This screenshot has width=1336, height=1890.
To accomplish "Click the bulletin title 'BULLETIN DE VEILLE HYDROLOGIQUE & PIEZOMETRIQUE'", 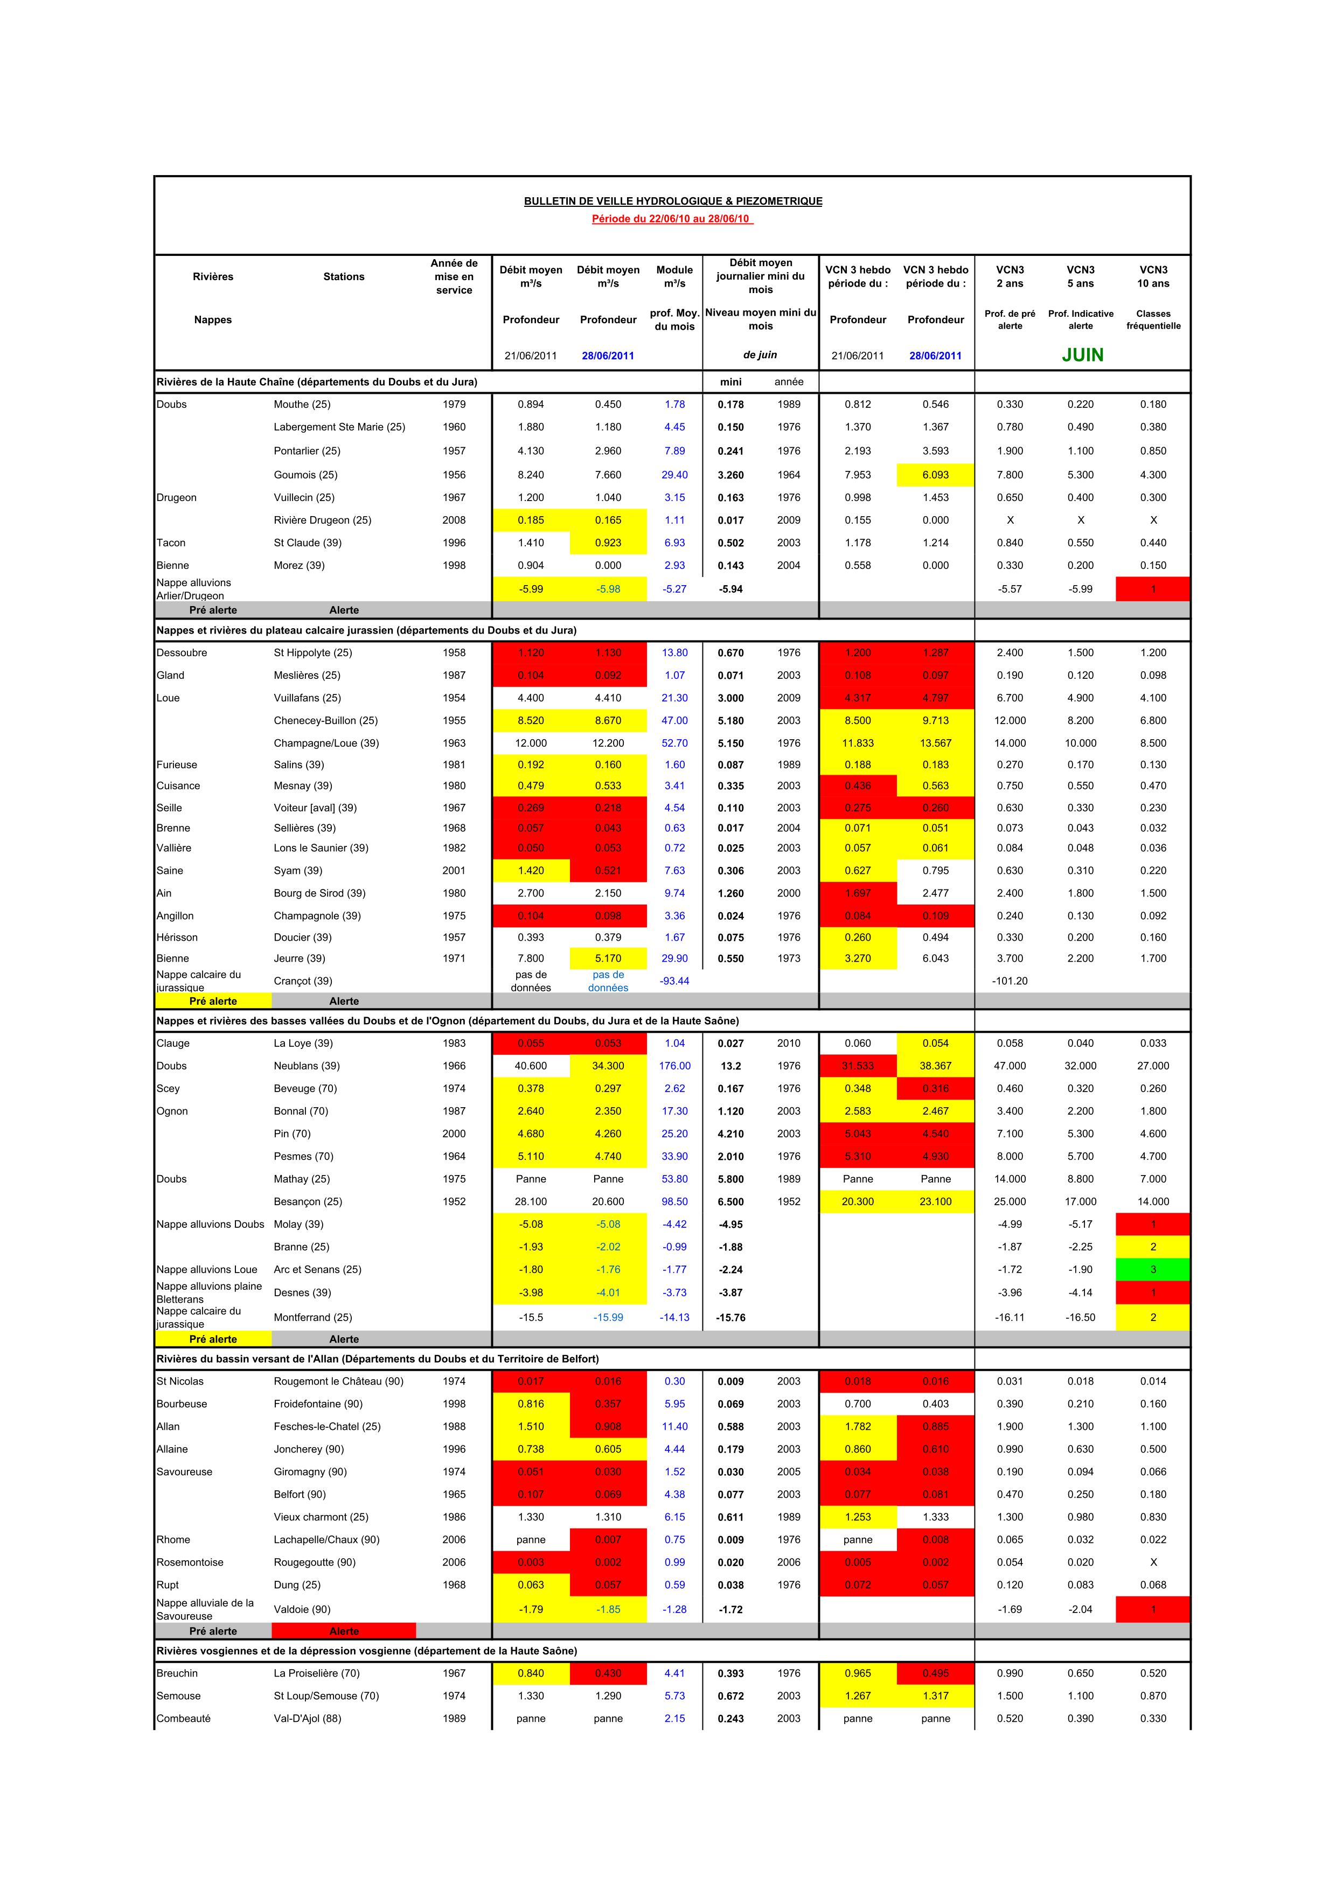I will (672, 201).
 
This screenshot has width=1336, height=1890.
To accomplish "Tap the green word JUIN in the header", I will (1082, 355).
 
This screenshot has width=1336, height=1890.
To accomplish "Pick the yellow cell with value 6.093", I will (935, 475).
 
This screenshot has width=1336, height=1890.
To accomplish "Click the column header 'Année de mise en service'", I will (454, 276).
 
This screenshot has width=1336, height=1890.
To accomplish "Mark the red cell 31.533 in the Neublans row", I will (858, 1066).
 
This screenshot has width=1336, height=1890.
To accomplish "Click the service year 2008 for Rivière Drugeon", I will (454, 520).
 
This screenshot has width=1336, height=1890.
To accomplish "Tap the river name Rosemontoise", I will (190, 1562).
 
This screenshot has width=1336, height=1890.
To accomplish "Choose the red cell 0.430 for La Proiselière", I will (608, 1673).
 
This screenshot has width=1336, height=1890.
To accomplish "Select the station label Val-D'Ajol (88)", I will (307, 1719).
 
